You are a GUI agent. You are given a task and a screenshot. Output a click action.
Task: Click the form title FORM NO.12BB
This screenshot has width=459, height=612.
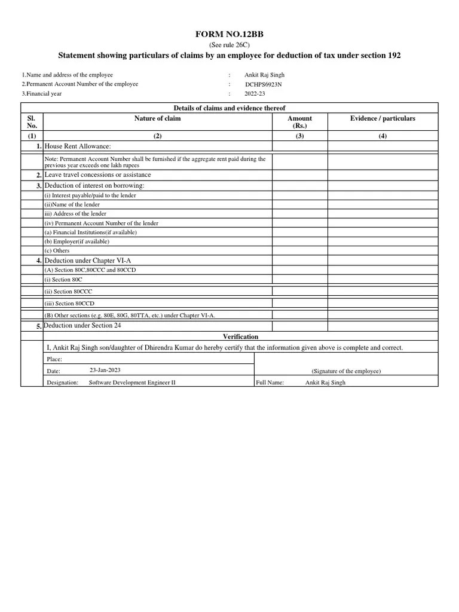pyautogui.click(x=229, y=35)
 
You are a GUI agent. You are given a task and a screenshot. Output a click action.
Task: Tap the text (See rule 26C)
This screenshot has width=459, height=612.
pyautogui.click(x=229, y=45)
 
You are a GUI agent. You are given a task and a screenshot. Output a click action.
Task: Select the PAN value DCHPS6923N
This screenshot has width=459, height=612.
pyautogui.click(x=263, y=84)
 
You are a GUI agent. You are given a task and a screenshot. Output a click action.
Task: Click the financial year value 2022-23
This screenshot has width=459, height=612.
pyautogui.click(x=255, y=94)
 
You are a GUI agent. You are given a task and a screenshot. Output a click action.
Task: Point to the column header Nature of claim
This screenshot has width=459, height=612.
pyautogui.click(x=157, y=118)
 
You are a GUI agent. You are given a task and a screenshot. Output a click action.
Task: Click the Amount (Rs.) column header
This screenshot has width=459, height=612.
pyautogui.click(x=299, y=122)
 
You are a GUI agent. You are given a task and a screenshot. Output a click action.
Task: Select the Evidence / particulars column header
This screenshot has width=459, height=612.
pyautogui.click(x=382, y=118)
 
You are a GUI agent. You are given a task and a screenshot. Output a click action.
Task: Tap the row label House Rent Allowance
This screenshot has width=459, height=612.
pyautogui.click(x=78, y=146)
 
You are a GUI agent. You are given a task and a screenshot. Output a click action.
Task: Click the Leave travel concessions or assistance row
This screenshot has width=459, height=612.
pyautogui.click(x=97, y=175)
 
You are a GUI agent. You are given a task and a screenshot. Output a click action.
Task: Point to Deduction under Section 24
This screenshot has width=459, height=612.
pyautogui.click(x=82, y=326)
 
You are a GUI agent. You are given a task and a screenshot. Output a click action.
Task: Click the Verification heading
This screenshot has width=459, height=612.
pyautogui.click(x=240, y=337)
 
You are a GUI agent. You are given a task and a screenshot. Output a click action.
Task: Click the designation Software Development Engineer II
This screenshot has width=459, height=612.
pyautogui.click(x=132, y=382)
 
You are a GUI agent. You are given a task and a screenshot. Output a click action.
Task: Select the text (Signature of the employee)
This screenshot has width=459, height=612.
pyautogui.click(x=346, y=371)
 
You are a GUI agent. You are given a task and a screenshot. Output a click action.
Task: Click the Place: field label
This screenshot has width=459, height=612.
pyautogui.click(x=54, y=360)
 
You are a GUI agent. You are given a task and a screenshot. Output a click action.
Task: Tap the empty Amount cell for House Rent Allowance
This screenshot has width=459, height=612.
pyautogui.click(x=299, y=146)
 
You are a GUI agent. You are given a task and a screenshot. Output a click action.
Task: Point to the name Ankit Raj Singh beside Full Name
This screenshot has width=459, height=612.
pyautogui.click(x=325, y=382)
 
